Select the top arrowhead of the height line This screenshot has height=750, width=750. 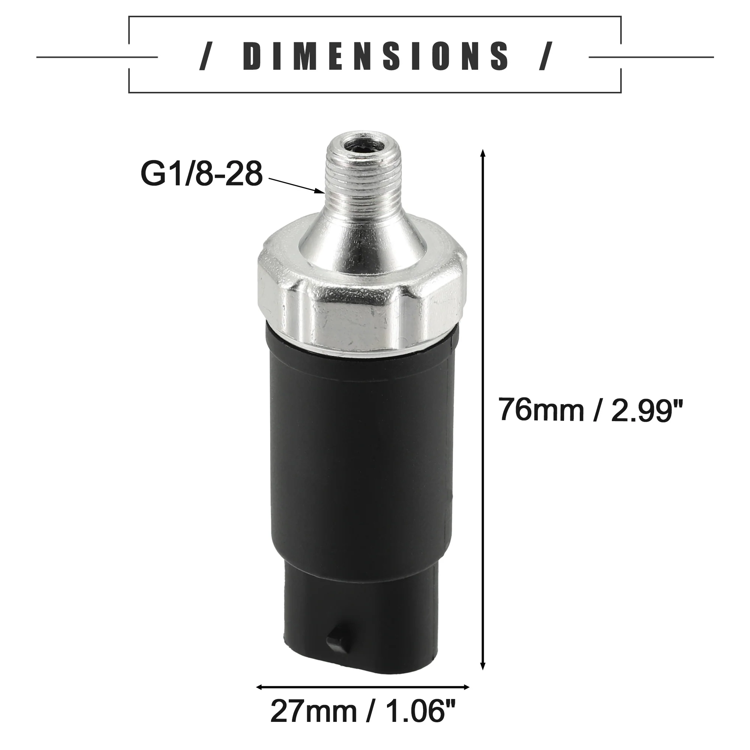[x=483, y=153]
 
